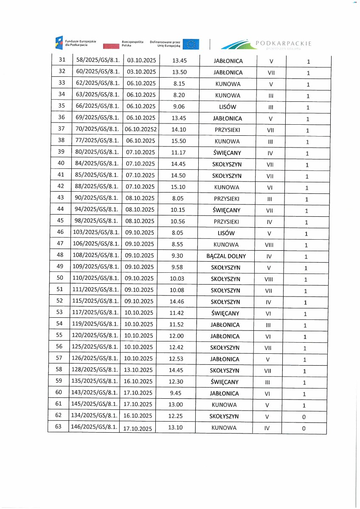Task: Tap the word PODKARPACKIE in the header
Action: [x=284, y=43]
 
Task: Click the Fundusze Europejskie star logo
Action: [x=59, y=43]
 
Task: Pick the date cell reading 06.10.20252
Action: [x=141, y=130]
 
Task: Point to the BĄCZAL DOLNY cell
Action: [x=226, y=256]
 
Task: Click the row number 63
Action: [x=59, y=427]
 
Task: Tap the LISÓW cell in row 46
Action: [x=226, y=233]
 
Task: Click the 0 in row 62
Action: [x=304, y=417]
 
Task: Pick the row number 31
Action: [x=62, y=61]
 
